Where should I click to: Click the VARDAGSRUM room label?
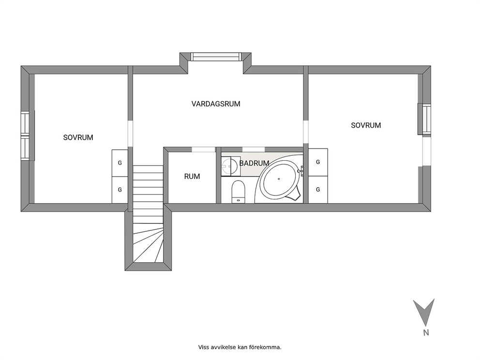tap(216, 104)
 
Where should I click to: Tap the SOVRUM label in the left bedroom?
tap(78, 137)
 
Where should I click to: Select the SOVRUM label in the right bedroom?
tap(366, 125)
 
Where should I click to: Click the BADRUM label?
tap(254, 163)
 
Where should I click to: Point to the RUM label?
tap(192, 176)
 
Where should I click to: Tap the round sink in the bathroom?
tap(229, 166)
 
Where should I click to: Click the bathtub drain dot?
tap(279, 179)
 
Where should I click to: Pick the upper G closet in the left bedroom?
tap(120, 163)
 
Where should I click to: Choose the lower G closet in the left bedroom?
tap(120, 190)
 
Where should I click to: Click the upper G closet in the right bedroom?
tap(318, 162)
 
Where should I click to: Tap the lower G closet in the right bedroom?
tap(318, 190)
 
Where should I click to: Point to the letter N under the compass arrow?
tap(426, 333)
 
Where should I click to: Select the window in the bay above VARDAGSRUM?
tap(216, 57)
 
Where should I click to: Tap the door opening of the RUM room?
tap(204, 150)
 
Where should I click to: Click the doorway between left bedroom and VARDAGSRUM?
tap(131, 134)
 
